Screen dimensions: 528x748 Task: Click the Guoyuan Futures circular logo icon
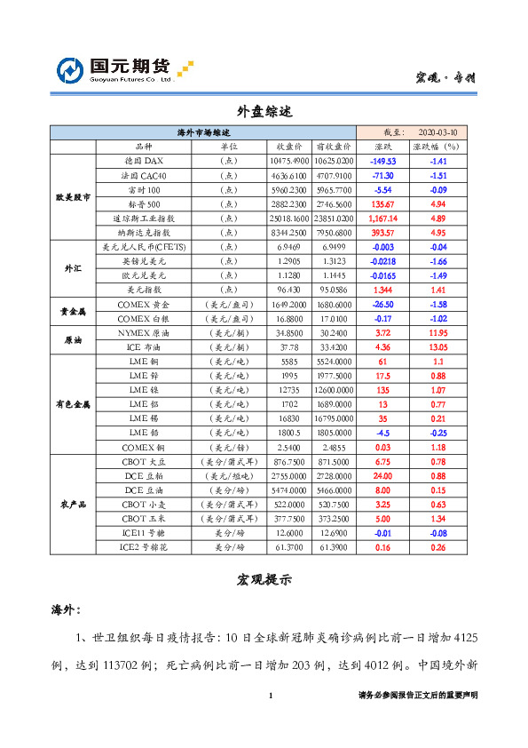(x=71, y=71)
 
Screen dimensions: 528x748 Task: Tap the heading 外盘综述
(x=264, y=113)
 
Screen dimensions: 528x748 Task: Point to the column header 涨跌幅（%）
(x=438, y=146)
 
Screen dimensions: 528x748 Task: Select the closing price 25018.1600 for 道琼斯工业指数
(x=289, y=218)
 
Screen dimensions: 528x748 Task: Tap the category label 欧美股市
(x=73, y=196)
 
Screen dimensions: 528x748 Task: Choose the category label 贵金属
(x=73, y=310)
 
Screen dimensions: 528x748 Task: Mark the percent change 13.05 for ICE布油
(x=438, y=346)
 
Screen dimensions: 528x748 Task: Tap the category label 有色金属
(x=73, y=403)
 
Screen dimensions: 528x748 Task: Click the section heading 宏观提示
(x=264, y=579)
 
